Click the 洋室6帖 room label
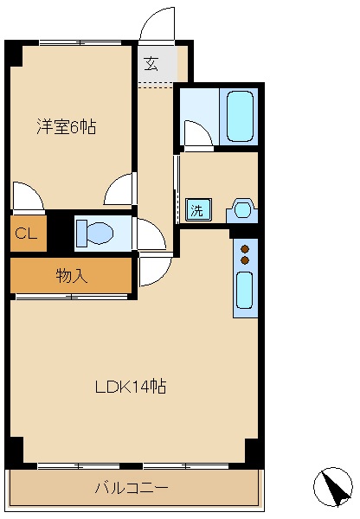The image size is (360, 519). [66, 127]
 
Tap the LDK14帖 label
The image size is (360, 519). [130, 387]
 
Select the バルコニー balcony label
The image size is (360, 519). [132, 489]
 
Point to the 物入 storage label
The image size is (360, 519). [71, 276]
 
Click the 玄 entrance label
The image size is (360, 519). [151, 62]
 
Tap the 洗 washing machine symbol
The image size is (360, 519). [196, 209]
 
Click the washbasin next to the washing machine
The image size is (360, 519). [241, 209]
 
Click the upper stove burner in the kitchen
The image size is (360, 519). [245, 247]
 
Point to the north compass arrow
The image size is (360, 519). [332, 487]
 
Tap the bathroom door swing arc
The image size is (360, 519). [197, 132]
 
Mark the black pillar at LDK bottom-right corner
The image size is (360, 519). [252, 451]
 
